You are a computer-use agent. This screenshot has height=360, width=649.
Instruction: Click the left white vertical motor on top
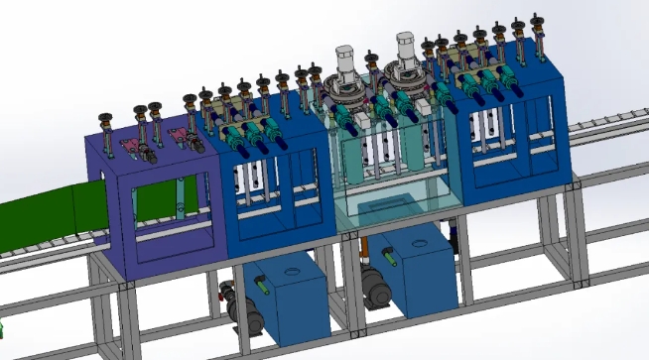[346, 61]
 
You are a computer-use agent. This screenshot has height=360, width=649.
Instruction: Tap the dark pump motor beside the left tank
[238, 307]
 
